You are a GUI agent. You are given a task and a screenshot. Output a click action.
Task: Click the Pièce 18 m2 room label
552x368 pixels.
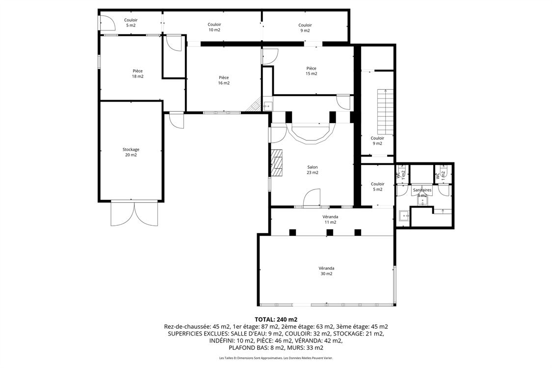pyautogui.click(x=137, y=74)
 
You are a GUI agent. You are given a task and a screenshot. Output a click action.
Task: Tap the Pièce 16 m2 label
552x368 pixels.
pyautogui.click(x=224, y=80)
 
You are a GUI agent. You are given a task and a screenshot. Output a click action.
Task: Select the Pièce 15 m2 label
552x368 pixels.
pyautogui.click(x=311, y=71)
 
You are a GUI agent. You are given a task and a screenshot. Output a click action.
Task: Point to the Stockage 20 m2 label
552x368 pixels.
pyautogui.click(x=131, y=152)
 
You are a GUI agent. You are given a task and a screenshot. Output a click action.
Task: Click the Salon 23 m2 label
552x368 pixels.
pyautogui.click(x=313, y=170)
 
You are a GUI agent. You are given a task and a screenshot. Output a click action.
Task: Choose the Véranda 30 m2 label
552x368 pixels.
pyautogui.click(x=326, y=271)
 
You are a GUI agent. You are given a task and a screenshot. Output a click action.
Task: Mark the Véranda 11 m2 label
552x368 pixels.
pyautogui.click(x=330, y=219)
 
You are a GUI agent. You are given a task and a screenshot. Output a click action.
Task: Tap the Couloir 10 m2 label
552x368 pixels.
pyautogui.click(x=214, y=27)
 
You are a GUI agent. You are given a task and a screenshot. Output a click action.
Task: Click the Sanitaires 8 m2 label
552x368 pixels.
pyautogui.click(x=422, y=192)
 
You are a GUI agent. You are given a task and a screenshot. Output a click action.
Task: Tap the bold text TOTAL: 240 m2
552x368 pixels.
pyautogui.click(x=276, y=319)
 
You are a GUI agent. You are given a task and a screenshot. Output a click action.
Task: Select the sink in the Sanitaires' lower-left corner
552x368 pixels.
pyautogui.click(x=404, y=215)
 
